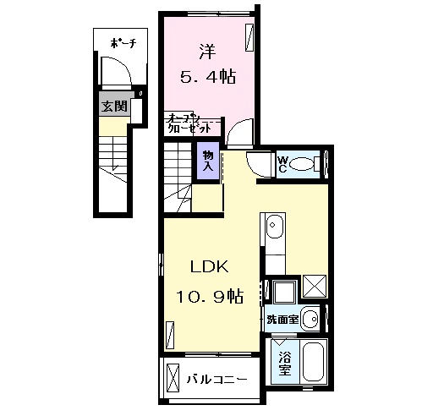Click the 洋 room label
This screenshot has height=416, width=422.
207,50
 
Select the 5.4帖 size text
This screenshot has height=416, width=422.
206,75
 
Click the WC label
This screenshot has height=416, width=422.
285,164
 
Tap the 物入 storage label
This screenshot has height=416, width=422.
207,160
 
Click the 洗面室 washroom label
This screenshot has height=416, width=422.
282,320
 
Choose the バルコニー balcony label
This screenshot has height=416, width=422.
217,380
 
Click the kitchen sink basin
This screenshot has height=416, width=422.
274,226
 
